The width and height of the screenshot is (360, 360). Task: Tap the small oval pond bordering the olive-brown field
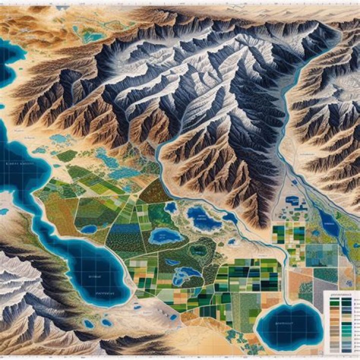coord(89,229)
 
